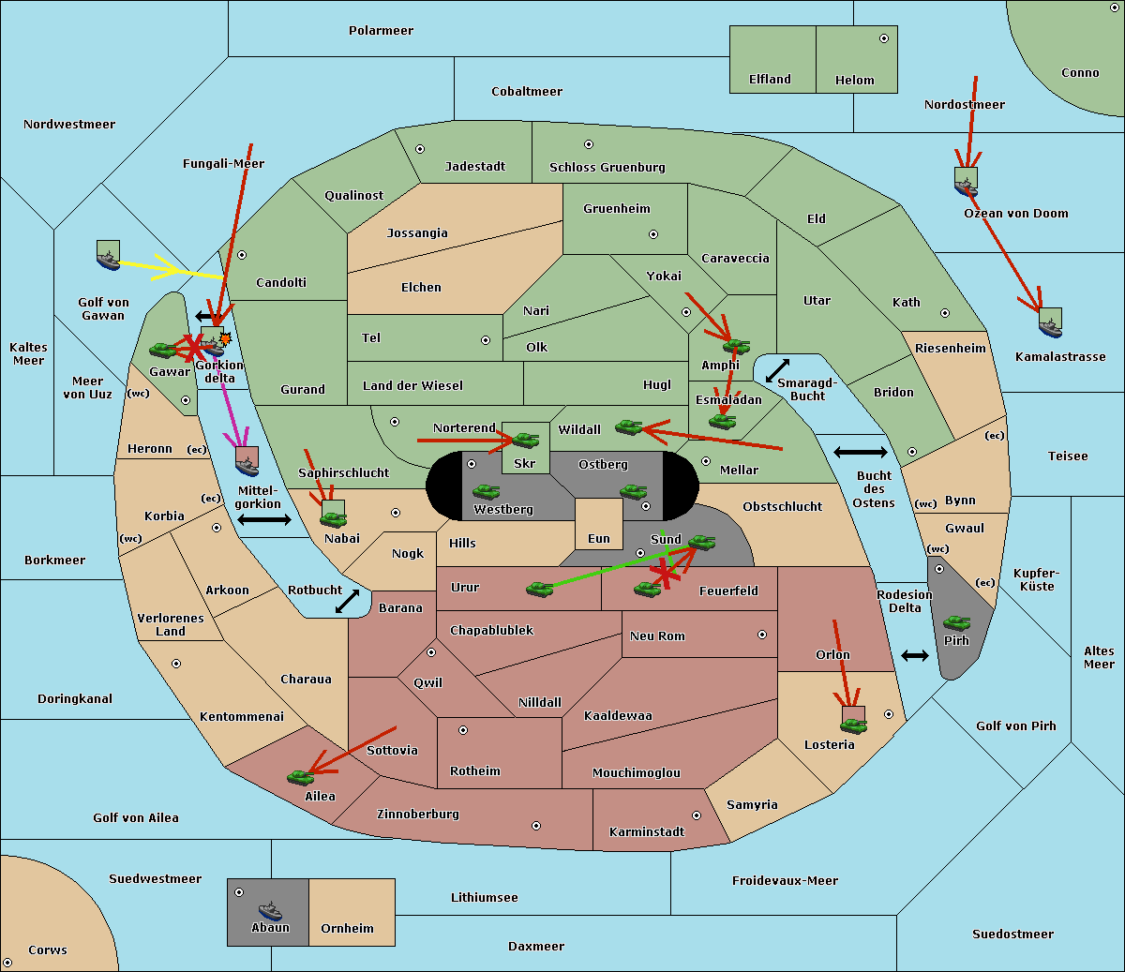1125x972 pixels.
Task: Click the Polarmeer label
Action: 381,31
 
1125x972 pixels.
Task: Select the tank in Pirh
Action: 956,622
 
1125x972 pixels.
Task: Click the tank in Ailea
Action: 300,777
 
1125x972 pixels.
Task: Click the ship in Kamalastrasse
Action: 1050,327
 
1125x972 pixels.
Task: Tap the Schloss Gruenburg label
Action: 607,167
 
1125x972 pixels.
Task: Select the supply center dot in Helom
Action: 884,38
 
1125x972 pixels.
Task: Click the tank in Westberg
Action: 486,492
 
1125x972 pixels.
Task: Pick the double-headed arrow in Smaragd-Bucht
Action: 777,370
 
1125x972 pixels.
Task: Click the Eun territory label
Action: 599,538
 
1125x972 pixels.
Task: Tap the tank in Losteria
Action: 853,726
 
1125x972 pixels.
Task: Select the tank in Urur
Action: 539,590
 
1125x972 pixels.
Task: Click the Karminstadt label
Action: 647,831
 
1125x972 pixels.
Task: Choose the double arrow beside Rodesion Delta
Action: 915,656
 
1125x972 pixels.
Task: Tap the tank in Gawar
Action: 163,350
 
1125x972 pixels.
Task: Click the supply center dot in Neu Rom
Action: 762,635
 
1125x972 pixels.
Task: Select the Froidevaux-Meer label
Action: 785,880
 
